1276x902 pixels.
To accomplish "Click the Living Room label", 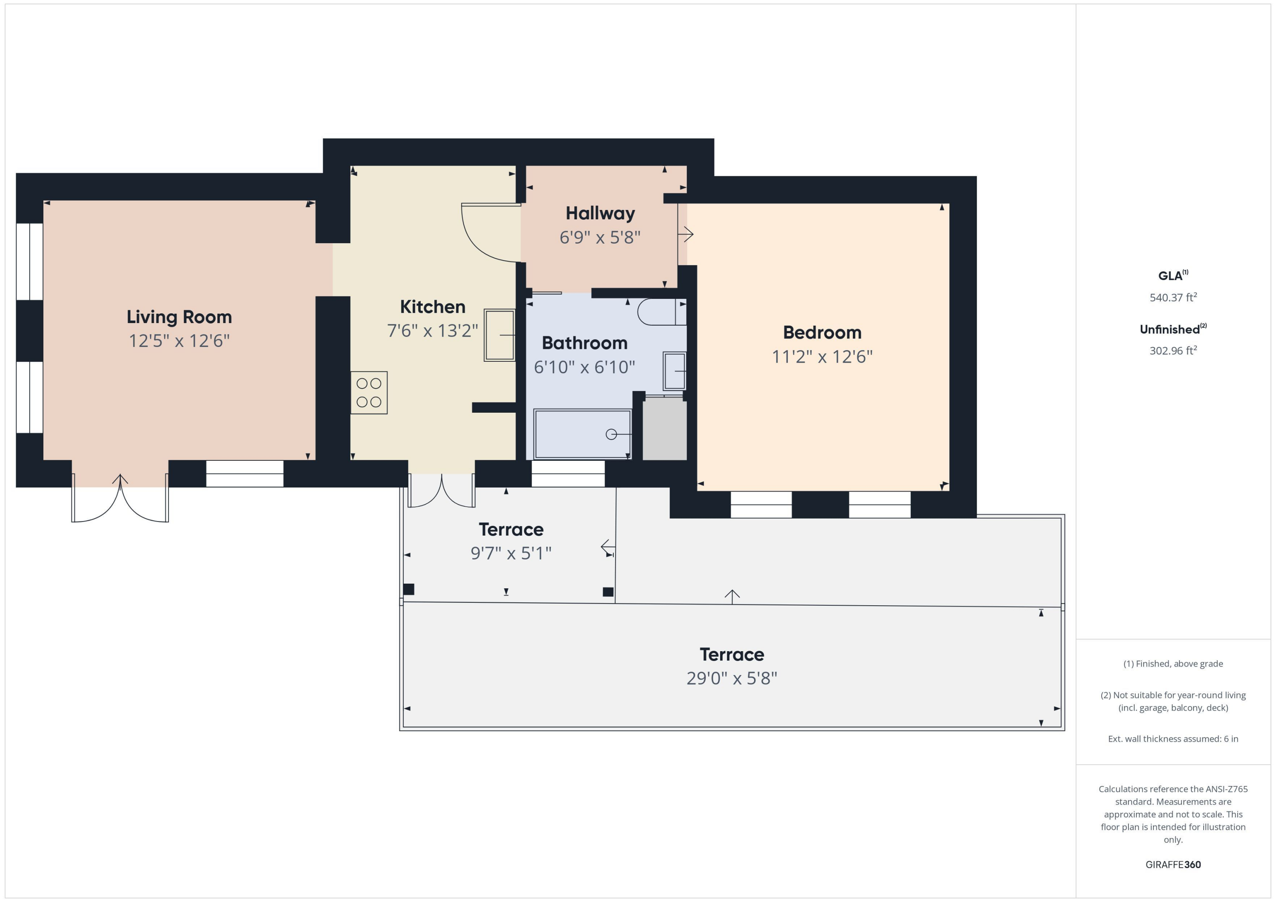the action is (x=179, y=317).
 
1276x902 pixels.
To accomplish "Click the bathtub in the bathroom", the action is (x=582, y=434).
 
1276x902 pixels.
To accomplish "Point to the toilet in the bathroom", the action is (x=661, y=312).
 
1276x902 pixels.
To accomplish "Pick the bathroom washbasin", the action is (x=675, y=371).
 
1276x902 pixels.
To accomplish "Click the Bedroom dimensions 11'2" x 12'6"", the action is (x=822, y=357).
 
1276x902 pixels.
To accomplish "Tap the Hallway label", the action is (x=600, y=213).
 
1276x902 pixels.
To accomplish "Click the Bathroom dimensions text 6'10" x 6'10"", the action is (x=584, y=367).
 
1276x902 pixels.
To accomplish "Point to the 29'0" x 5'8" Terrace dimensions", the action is (x=732, y=678).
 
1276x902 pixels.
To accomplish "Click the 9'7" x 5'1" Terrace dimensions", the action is (x=511, y=553).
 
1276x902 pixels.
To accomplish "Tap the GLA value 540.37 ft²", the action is (x=1173, y=297).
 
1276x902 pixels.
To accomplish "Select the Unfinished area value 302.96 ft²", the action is (x=1173, y=350).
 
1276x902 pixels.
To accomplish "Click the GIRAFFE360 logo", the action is (x=1173, y=865).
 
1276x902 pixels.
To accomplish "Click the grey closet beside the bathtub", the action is (x=665, y=428).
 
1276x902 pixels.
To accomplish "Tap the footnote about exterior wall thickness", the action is (x=1173, y=739).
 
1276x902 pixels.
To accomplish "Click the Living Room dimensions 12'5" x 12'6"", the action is (x=179, y=341).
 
